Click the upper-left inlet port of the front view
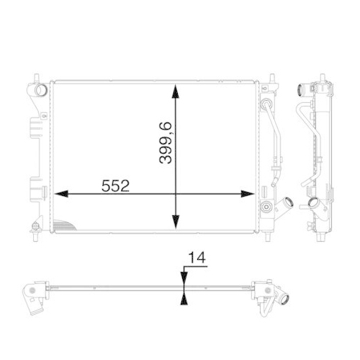pos(40,90)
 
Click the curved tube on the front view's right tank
pos(274,137)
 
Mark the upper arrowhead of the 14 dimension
pos(184,283)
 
